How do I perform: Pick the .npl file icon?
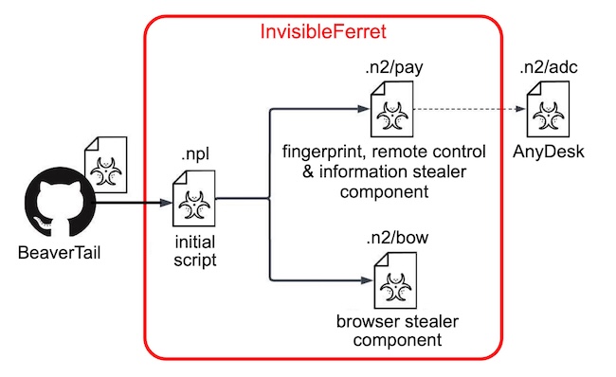193,196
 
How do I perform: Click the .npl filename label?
193,155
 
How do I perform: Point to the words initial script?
193,247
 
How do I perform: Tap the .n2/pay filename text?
384,69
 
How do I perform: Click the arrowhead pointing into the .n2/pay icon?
362,109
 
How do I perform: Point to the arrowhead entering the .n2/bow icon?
367,280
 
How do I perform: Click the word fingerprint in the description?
319,152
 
